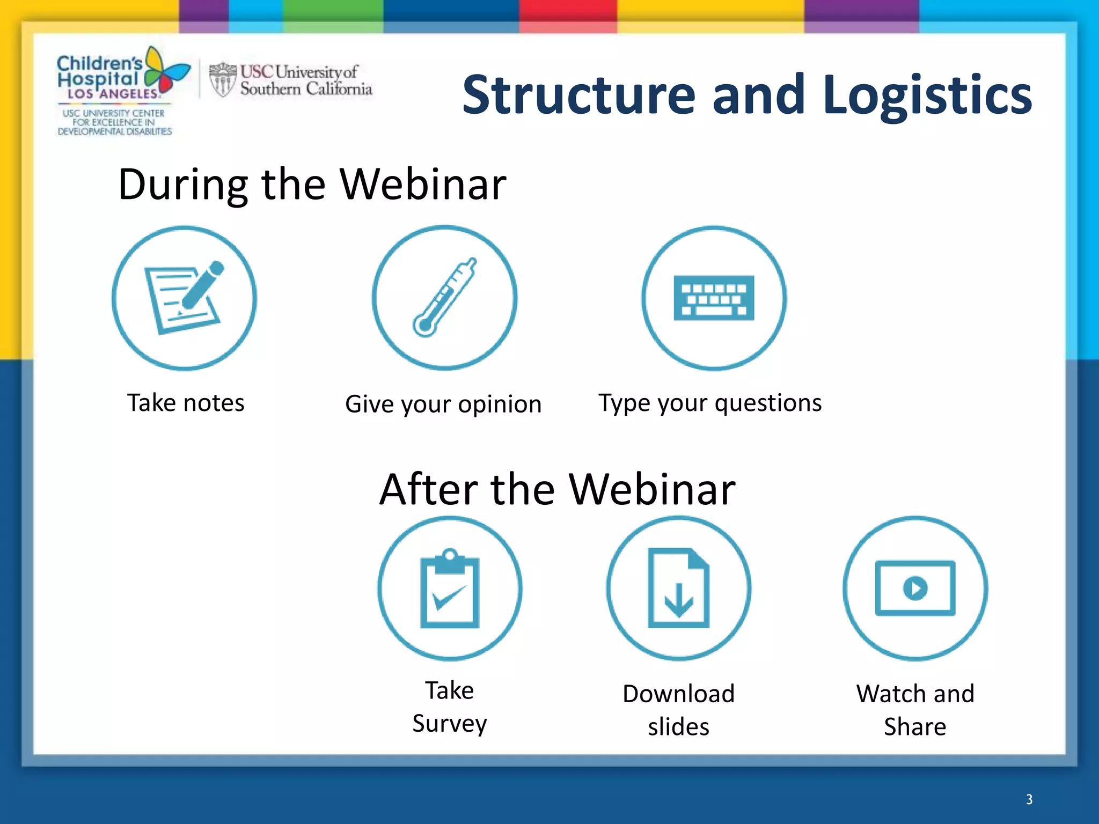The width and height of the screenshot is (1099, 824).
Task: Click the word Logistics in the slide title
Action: (927, 95)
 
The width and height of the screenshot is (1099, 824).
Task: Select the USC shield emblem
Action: (222, 80)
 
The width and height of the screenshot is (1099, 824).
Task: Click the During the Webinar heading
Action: (312, 184)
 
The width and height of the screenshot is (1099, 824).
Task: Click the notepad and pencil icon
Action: (185, 298)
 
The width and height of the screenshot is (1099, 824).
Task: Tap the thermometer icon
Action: (444, 298)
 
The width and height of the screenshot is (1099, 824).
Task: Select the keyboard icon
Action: (714, 298)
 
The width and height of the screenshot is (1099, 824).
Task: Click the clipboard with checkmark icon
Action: (450, 588)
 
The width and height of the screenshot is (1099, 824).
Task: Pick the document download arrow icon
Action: (679, 588)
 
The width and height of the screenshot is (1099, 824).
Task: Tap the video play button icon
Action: (915, 588)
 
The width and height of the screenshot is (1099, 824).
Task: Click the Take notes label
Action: (186, 403)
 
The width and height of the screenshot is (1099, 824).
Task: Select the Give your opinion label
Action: (443, 404)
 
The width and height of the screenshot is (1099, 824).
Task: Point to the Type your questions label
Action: (710, 403)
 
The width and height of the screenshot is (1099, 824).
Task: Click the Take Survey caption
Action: (450, 707)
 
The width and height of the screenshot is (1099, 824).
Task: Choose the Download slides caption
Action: (679, 710)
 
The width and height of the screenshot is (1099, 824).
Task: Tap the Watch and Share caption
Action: (915, 710)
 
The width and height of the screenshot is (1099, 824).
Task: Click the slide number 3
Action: (1029, 799)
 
